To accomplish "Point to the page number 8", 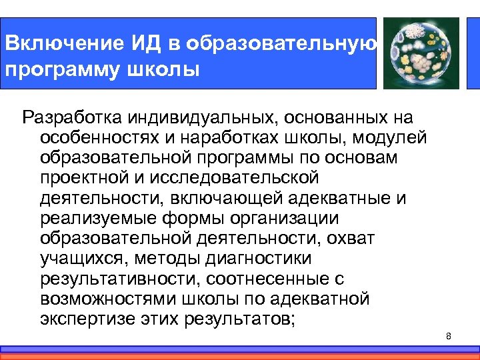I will point(449,336).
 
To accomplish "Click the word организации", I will point(281,218).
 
